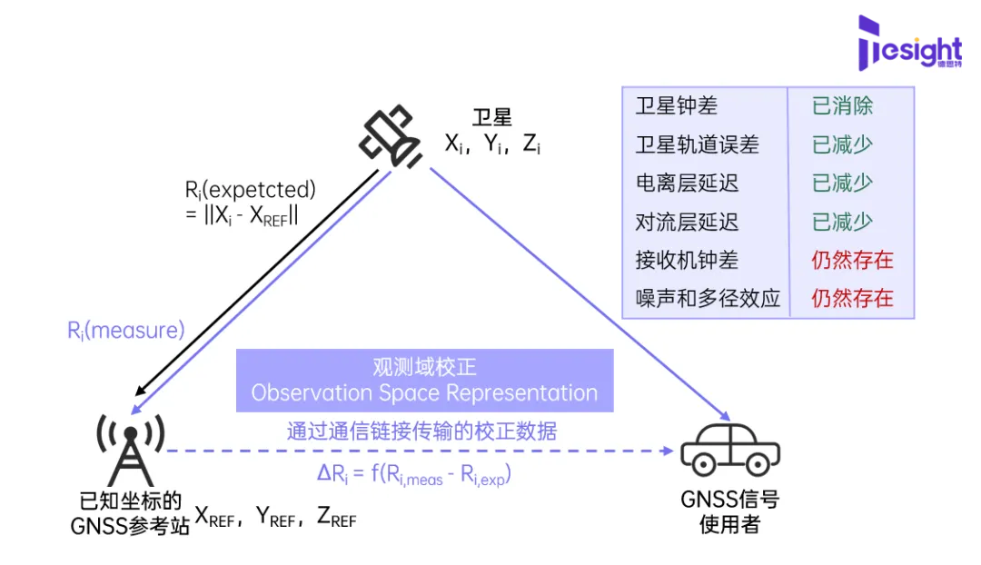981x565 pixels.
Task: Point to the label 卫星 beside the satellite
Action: pos(492,117)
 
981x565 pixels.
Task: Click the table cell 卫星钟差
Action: pos(677,106)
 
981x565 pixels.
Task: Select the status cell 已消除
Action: pos(842,106)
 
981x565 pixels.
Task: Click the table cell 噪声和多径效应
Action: pos(708,298)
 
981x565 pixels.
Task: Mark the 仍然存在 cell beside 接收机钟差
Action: pos(852,260)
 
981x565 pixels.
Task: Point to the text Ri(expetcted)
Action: pos(250,191)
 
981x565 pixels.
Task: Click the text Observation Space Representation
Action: pos(424,393)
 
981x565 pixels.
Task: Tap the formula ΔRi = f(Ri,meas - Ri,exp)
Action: pos(420,475)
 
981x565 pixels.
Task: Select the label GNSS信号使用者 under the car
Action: pos(729,511)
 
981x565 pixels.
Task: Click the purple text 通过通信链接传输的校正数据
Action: pos(421,431)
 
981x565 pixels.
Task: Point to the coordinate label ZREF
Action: pos(336,518)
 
